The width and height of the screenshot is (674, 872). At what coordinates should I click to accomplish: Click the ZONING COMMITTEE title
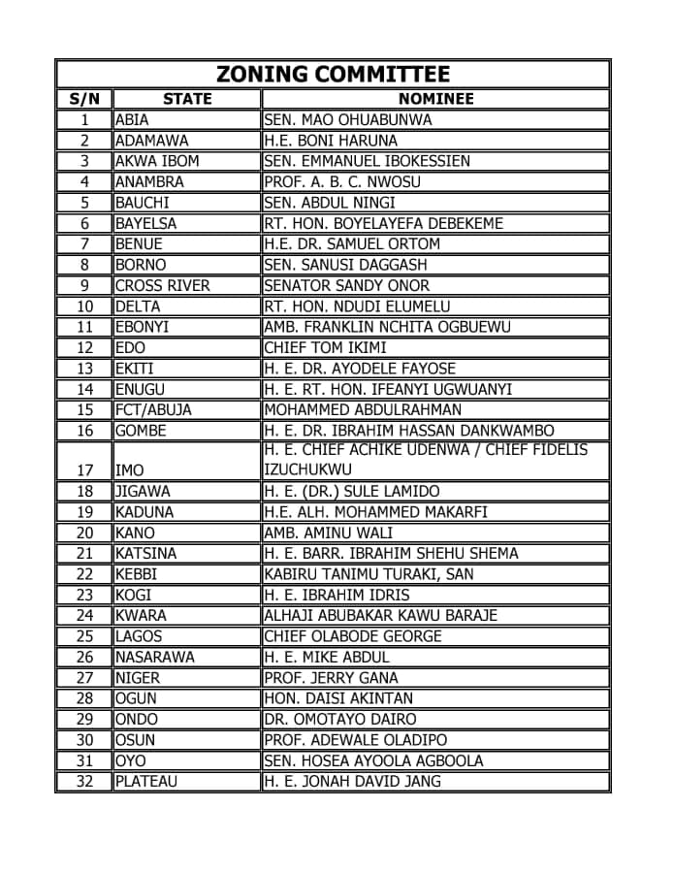pyautogui.click(x=333, y=74)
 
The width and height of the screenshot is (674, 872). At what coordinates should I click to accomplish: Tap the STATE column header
pyautogui.click(x=187, y=99)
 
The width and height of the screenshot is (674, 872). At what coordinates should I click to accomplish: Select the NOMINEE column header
pyautogui.click(x=435, y=99)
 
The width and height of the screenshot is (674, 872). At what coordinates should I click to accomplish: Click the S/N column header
pyautogui.click(x=84, y=99)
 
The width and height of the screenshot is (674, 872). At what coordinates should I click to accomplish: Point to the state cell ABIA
pyautogui.click(x=132, y=120)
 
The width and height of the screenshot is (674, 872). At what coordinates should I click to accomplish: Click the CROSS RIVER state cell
pyautogui.click(x=162, y=285)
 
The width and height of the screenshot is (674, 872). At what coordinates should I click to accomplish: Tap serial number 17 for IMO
pyautogui.click(x=84, y=470)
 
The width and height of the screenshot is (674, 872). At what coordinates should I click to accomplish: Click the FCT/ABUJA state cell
pyautogui.click(x=153, y=409)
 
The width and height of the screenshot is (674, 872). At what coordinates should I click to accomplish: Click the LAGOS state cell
pyautogui.click(x=139, y=636)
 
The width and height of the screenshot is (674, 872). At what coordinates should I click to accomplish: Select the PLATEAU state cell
pyautogui.click(x=146, y=781)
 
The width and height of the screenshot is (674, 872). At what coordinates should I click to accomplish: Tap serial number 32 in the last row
pyautogui.click(x=84, y=781)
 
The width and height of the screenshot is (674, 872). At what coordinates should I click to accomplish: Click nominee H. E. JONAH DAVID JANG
pyautogui.click(x=352, y=781)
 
